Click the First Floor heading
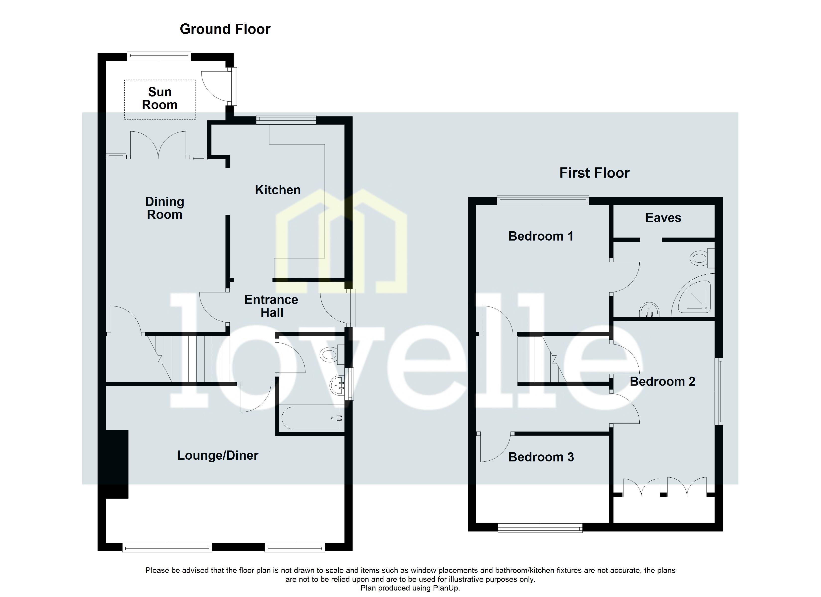594,173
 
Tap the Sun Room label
160,99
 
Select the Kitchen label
278,190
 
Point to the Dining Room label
165,208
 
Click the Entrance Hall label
271,306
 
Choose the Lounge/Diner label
217,455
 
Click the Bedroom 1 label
541,236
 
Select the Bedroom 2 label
663,382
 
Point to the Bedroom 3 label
541,457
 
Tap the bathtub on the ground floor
311,418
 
